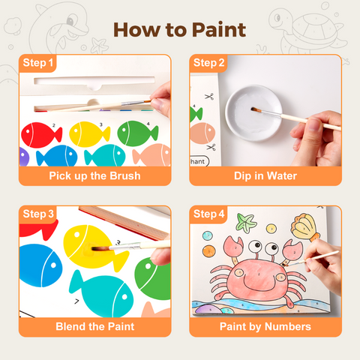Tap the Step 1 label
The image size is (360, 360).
tap(37, 63)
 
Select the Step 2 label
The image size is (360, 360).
tap(208, 63)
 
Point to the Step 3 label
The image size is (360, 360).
tap(38, 214)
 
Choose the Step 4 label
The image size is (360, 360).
tap(208, 214)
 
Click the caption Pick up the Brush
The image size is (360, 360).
tap(94, 175)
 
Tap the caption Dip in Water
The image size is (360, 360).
tap(265, 175)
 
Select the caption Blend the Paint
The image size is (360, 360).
tap(95, 326)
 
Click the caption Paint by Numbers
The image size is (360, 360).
tap(265, 327)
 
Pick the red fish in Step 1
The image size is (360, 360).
tap(40, 135)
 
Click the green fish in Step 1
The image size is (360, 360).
tap(137, 133)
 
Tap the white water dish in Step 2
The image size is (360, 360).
tap(253, 113)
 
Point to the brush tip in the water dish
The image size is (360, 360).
tap(253, 109)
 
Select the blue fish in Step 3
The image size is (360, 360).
tap(40, 265)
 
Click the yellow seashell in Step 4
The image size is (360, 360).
tap(305, 227)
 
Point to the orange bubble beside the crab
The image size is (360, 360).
tap(209, 251)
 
